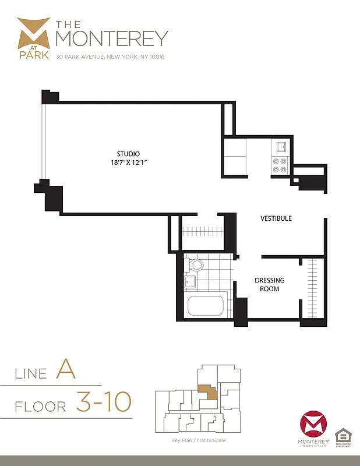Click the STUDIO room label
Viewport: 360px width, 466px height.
(128, 154)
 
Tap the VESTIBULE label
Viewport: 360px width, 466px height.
(276, 218)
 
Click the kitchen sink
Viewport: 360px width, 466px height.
(281, 147)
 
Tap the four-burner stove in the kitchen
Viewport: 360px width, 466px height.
(280, 166)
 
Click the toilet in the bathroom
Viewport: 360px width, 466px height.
(196, 266)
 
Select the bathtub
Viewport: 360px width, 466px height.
(205, 306)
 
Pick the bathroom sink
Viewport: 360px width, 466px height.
(190, 283)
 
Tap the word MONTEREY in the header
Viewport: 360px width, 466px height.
(111, 38)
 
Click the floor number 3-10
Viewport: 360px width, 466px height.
(104, 401)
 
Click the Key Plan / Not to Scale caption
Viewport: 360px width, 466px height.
(199, 440)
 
